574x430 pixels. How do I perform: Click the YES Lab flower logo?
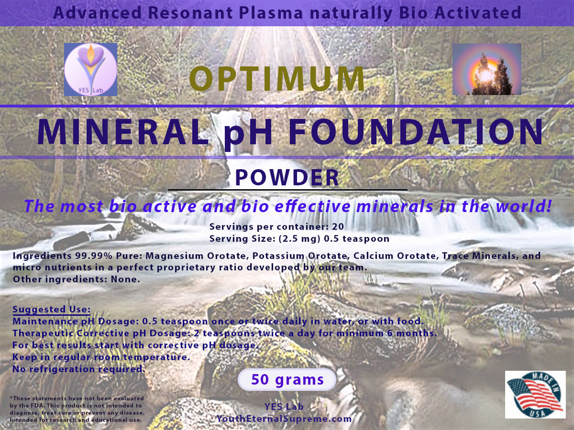(x=90, y=69)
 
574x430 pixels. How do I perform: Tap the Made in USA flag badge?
(x=535, y=395)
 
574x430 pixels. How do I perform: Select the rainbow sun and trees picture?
(x=487, y=69)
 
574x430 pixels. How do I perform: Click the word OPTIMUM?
(x=277, y=78)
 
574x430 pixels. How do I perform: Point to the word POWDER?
(x=287, y=177)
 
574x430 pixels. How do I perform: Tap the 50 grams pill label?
(x=287, y=380)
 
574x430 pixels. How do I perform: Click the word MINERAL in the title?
(x=123, y=132)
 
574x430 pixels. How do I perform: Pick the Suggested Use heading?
(x=51, y=309)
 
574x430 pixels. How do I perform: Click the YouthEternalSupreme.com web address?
(x=284, y=419)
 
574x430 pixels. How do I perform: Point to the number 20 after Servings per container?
(x=338, y=227)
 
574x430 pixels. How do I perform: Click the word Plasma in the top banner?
(x=271, y=13)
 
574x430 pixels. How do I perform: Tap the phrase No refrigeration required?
(x=78, y=370)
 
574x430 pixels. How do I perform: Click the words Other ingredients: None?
(x=76, y=279)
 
